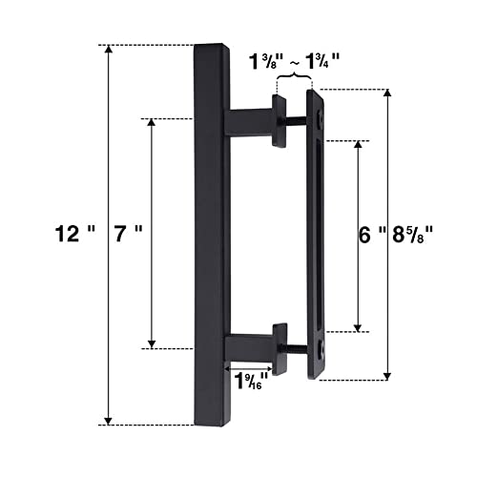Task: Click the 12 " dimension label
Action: pyautogui.click(x=75, y=234)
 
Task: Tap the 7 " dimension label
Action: pyautogui.click(x=128, y=234)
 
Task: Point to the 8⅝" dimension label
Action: pyautogui.click(x=413, y=236)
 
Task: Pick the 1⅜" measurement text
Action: pyautogui.click(x=266, y=61)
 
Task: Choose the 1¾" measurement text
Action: pyautogui.click(x=322, y=61)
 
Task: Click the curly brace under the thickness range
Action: pyautogui.click(x=294, y=76)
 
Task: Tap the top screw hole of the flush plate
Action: pyautogui.click(x=321, y=118)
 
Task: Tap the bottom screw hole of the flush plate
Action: pyautogui.click(x=321, y=347)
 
